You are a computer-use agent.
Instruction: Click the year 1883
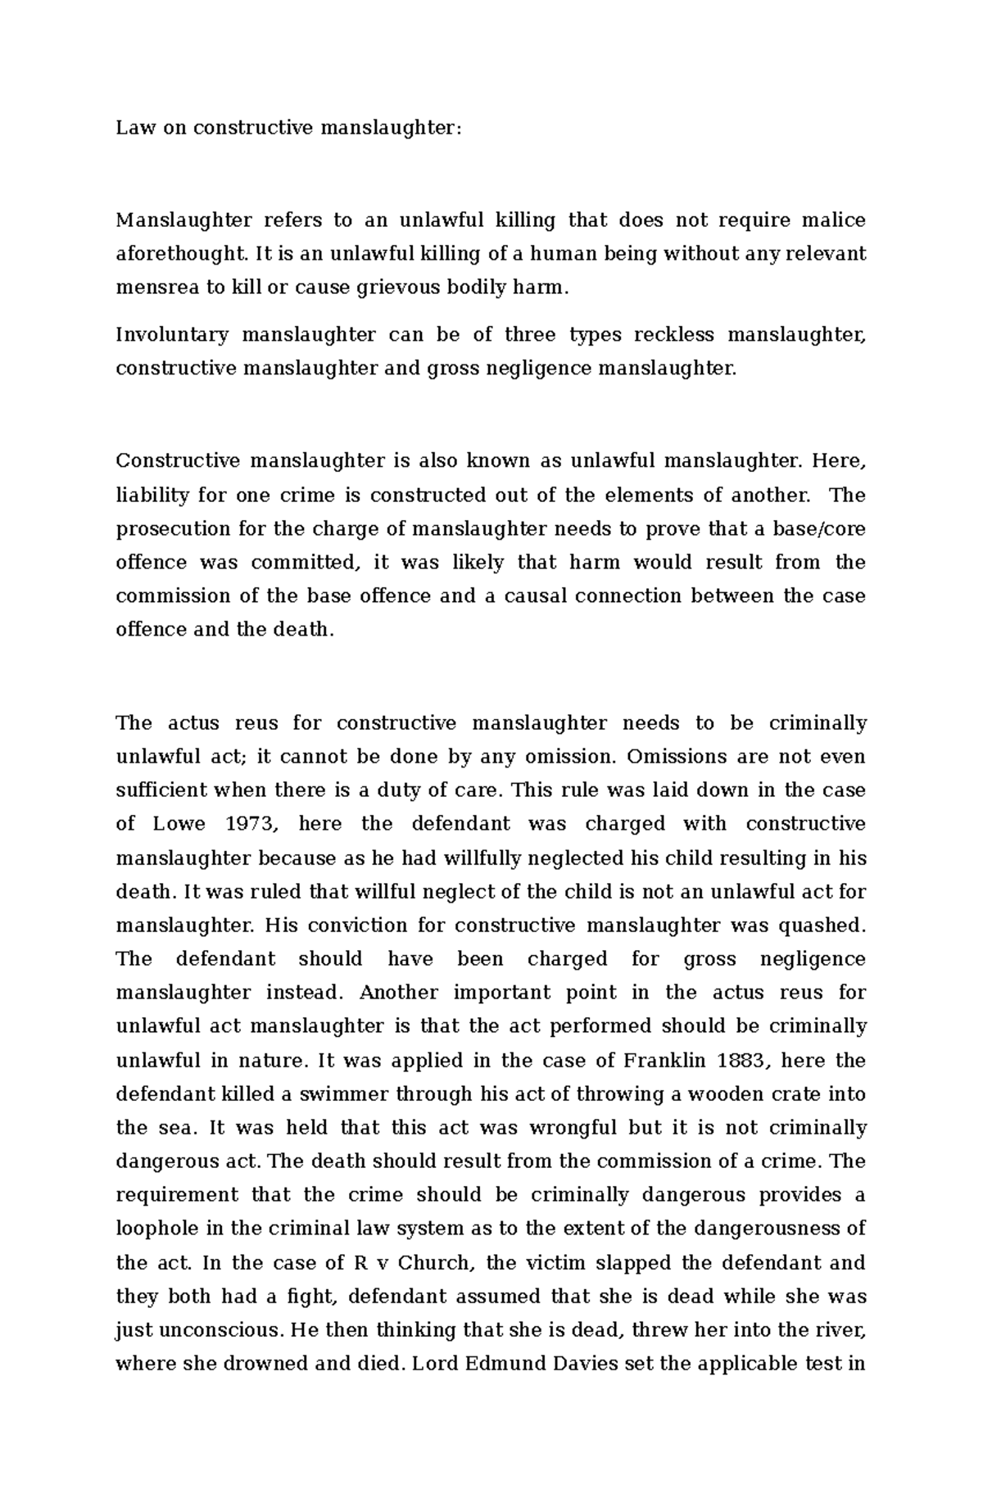tap(744, 1060)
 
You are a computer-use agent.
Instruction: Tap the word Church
tap(435, 1262)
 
